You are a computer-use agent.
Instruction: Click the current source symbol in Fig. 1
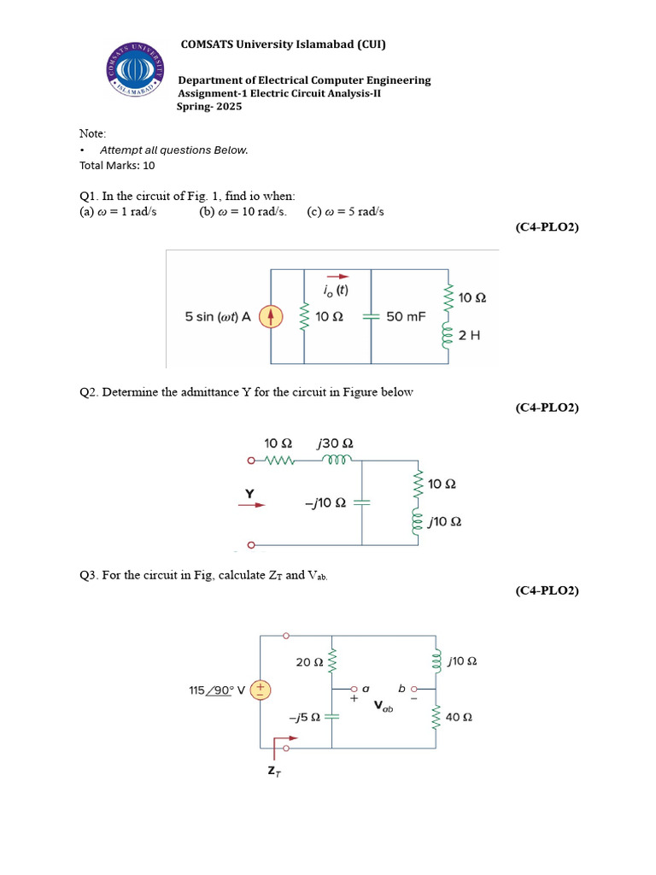pyautogui.click(x=270, y=317)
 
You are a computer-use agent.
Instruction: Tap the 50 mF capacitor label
pyautogui.click(x=406, y=317)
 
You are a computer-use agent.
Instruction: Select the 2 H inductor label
pyautogui.click(x=470, y=336)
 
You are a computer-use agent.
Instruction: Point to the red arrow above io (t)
pyautogui.click(x=338, y=276)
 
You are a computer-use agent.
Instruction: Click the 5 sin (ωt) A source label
pyautogui.click(x=218, y=317)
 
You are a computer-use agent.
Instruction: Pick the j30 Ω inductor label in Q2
pyautogui.click(x=335, y=443)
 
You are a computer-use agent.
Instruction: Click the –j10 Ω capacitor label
pyautogui.click(x=325, y=503)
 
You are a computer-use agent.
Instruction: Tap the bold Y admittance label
pyautogui.click(x=250, y=493)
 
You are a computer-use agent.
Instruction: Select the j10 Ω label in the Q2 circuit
pyautogui.click(x=444, y=521)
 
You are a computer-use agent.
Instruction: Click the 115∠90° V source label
pyautogui.click(x=217, y=690)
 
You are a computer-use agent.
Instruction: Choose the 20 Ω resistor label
pyautogui.click(x=308, y=662)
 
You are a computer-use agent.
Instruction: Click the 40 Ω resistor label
pyautogui.click(x=460, y=718)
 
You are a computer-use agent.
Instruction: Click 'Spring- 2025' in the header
pyautogui.click(x=209, y=107)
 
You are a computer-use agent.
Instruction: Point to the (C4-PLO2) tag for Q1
pyautogui.click(x=547, y=227)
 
